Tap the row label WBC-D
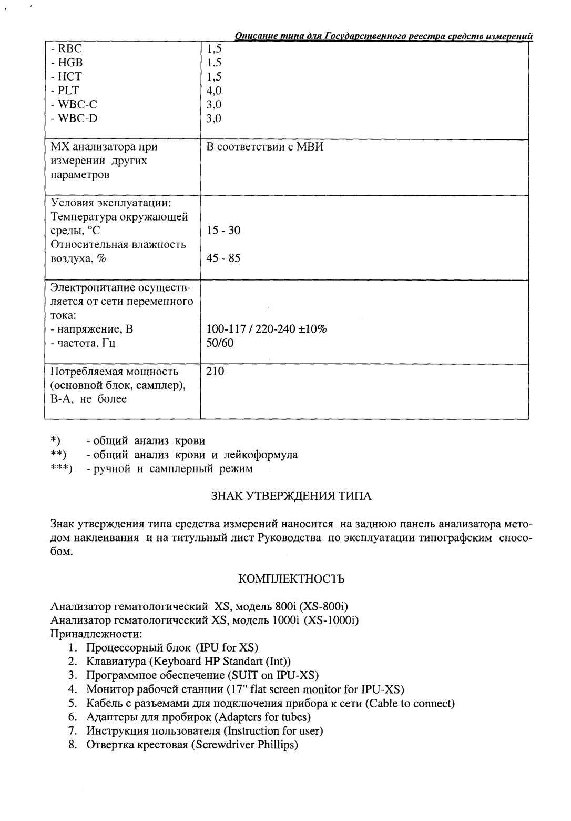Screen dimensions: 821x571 [x=74, y=118]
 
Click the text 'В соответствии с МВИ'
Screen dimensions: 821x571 [x=264, y=147]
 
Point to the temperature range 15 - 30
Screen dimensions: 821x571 [x=223, y=231]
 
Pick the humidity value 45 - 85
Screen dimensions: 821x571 [x=223, y=258]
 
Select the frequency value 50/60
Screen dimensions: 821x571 [x=220, y=343]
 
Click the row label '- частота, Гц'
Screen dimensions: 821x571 [x=83, y=343]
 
